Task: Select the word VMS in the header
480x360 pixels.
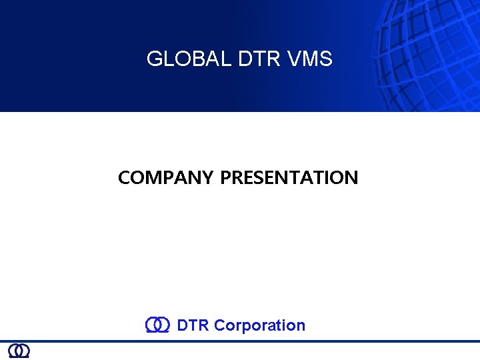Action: coord(311,59)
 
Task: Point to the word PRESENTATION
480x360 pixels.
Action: coord(289,178)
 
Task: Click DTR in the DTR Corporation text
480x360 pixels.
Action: coord(193,325)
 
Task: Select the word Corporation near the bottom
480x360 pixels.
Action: coord(260,325)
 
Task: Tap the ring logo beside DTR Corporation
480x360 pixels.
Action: coord(157,325)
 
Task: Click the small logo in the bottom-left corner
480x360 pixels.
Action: coord(19,351)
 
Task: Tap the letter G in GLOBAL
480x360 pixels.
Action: coord(154,59)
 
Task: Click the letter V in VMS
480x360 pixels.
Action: coord(296,59)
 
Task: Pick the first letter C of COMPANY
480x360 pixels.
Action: coord(124,178)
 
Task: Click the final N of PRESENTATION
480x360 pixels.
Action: coord(351,178)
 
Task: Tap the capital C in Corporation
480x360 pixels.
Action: coord(220,325)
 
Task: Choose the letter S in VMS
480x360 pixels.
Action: coord(325,59)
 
